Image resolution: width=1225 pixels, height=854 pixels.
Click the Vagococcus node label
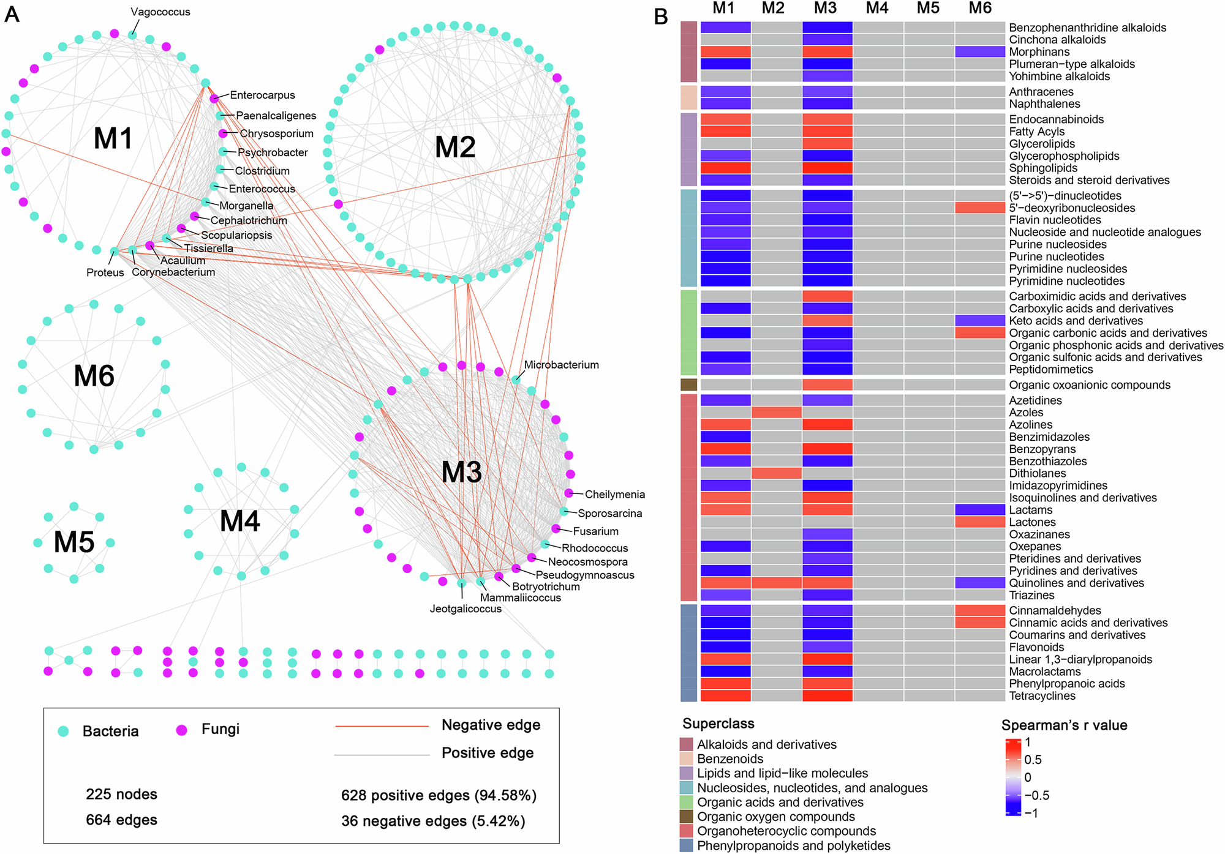[160, 12]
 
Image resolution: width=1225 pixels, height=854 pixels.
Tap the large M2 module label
[454, 148]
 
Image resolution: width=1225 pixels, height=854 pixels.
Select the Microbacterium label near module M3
[561, 365]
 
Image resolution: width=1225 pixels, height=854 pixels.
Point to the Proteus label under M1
[105, 272]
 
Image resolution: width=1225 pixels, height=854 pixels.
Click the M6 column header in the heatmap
[980, 8]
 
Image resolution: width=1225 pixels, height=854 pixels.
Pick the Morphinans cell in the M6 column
[980, 52]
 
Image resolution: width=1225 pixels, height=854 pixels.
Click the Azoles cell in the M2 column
[776, 413]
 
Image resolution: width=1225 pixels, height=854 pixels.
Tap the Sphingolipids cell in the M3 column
[827, 168]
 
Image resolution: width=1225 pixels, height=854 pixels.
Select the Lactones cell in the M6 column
[980, 522]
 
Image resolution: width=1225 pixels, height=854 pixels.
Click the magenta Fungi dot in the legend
[181, 730]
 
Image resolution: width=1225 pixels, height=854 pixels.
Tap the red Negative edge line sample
[382, 727]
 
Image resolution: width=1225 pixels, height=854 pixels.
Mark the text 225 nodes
[121, 795]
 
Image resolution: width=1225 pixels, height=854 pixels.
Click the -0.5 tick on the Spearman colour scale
[1036, 795]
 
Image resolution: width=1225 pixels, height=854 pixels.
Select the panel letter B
[660, 17]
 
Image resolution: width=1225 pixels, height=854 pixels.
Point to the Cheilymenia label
[614, 495]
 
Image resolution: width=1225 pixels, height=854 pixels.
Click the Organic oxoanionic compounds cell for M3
[827, 385]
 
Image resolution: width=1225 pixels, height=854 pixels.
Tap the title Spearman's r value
[1064, 725]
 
